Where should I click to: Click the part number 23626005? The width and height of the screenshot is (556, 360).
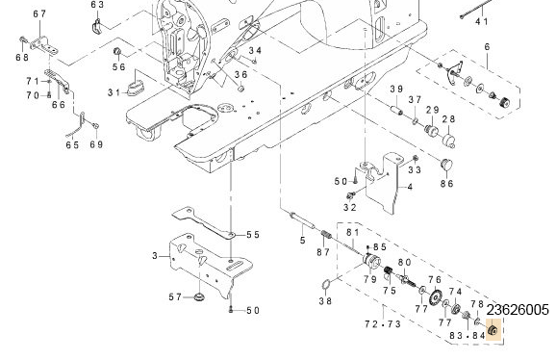[518, 310]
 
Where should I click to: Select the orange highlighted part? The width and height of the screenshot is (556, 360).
[493, 330]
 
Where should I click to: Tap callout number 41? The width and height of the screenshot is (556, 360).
[482, 21]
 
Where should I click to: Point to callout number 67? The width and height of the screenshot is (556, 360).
[39, 13]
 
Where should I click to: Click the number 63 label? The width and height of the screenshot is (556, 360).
[97, 5]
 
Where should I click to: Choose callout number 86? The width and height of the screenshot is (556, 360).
[446, 184]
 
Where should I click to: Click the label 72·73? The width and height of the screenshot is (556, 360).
[383, 324]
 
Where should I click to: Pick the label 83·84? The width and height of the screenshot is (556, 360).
[467, 336]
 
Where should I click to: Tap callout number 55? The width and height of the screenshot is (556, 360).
[253, 235]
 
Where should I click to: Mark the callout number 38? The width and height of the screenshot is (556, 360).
[325, 301]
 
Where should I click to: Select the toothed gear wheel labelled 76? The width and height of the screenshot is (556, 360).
[435, 296]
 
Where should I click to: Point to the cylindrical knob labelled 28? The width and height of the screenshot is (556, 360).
[448, 141]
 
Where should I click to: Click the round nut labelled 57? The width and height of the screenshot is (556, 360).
[199, 296]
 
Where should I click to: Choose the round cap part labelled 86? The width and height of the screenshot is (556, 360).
[446, 165]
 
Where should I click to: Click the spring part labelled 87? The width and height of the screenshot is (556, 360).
[326, 235]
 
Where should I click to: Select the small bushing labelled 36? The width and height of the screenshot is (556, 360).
[240, 88]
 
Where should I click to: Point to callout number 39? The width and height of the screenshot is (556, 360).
[396, 90]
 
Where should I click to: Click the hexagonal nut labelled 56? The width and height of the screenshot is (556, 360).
[116, 51]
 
